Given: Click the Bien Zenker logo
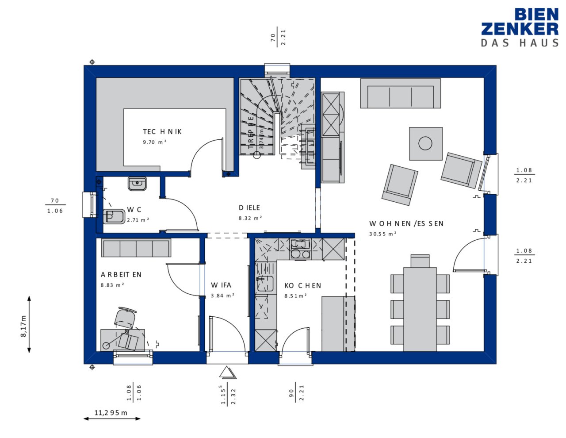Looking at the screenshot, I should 520,27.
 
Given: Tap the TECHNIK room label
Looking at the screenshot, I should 162,132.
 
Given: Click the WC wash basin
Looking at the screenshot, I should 137,183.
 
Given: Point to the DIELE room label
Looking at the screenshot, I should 249,207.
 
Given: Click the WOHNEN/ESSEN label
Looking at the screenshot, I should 406,224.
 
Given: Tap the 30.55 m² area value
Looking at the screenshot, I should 382,234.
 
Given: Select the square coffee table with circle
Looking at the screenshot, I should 425,143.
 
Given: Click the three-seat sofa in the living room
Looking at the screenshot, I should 400,94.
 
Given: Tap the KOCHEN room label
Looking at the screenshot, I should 302,286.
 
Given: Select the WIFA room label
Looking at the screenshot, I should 221,285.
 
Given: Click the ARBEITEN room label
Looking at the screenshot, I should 121,275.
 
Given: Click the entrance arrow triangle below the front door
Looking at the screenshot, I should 228,373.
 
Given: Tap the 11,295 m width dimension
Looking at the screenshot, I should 111,413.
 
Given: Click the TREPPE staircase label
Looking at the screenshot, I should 251,129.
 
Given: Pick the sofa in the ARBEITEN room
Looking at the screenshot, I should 136,248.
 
